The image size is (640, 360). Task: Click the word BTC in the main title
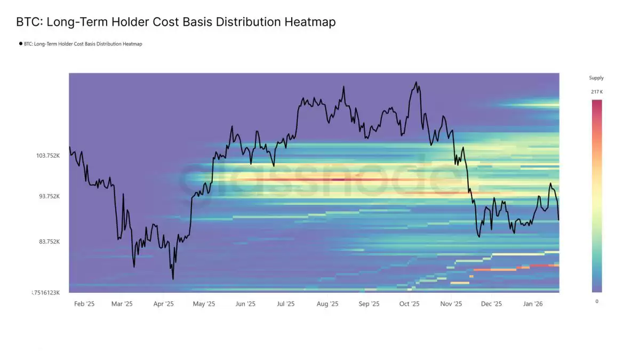click(27, 22)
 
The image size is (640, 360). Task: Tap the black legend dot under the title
click(20, 44)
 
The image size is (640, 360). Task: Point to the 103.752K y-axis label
click(48, 156)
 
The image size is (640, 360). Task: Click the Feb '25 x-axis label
click(84, 304)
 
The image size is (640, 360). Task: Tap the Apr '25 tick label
click(164, 304)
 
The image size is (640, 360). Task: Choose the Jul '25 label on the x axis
click(286, 304)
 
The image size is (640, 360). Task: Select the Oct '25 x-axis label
click(410, 304)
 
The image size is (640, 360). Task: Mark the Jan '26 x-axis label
click(533, 304)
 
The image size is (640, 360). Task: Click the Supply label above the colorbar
click(596, 78)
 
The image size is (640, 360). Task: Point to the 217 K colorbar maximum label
click(597, 92)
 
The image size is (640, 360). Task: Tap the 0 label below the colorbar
click(596, 301)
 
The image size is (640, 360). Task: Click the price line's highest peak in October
click(416, 82)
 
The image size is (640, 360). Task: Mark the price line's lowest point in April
click(173, 279)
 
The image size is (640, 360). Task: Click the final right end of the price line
click(558, 219)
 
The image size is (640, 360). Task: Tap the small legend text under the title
click(83, 44)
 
